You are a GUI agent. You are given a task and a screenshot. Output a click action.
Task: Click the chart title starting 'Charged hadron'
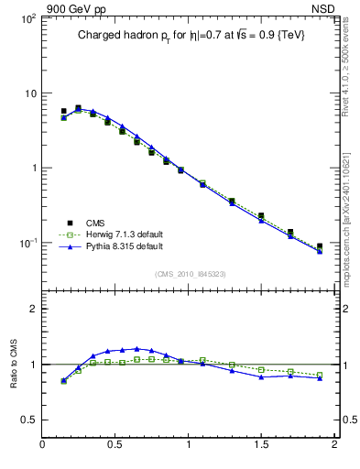190,35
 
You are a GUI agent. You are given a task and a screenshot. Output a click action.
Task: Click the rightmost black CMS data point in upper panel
320,246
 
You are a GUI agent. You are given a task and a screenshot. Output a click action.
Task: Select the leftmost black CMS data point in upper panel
63,111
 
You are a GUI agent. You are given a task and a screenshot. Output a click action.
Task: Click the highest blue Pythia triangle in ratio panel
136,349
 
